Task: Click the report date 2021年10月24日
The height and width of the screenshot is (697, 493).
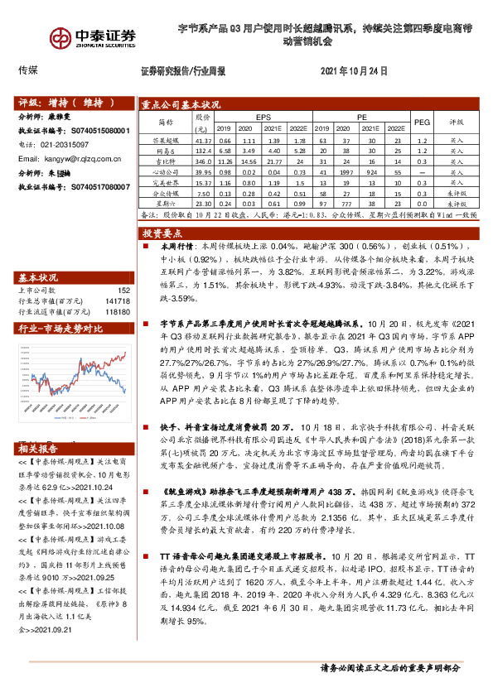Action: (x=354, y=72)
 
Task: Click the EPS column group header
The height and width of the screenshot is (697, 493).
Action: (x=263, y=118)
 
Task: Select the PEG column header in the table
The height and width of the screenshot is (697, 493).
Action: (x=420, y=123)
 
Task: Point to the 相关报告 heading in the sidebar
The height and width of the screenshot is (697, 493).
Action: (x=39, y=449)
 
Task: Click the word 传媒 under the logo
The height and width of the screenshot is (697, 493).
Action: (x=28, y=72)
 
